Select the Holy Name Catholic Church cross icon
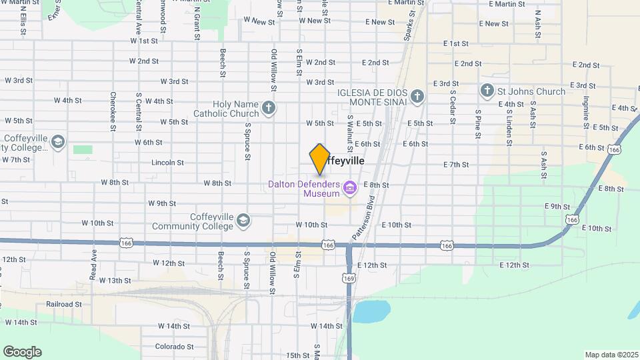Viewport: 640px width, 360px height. pos(269,108)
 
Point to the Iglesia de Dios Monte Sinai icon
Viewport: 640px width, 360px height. pos(417,97)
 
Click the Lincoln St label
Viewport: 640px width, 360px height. pos(167,162)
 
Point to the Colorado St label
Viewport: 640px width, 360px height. pos(174,347)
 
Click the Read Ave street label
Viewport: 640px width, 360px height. pos(93,264)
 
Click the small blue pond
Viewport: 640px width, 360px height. pos(371,311)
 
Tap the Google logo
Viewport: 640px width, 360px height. pos(22,352)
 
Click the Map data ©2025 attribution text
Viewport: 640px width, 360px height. pos(611,355)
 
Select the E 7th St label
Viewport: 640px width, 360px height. pos(456,165)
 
